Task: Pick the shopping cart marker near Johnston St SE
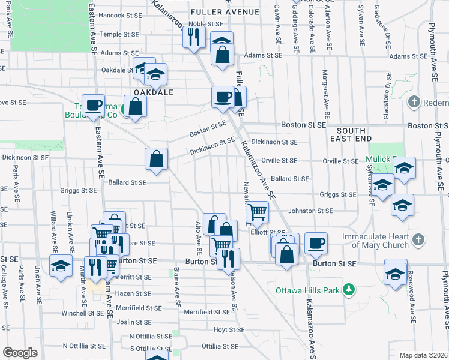pos(256,211)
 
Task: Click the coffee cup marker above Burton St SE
pos(316,243)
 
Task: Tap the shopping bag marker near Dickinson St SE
pos(156,160)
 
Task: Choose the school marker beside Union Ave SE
pos(61,266)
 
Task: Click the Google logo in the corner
pos(20,353)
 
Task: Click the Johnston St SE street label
pos(310,211)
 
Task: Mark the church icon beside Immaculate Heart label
pos(419,240)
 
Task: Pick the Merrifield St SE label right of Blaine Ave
pos(206,312)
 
